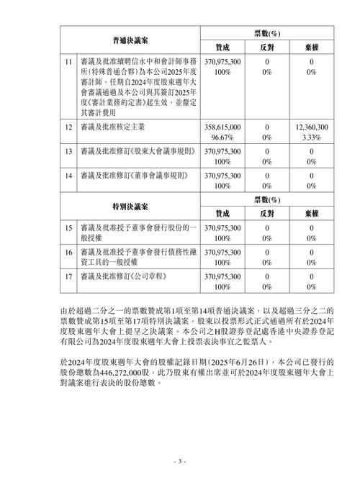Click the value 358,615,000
[222, 127]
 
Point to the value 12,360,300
[312, 127]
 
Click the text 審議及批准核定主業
[112, 127]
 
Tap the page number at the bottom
[180, 461]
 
